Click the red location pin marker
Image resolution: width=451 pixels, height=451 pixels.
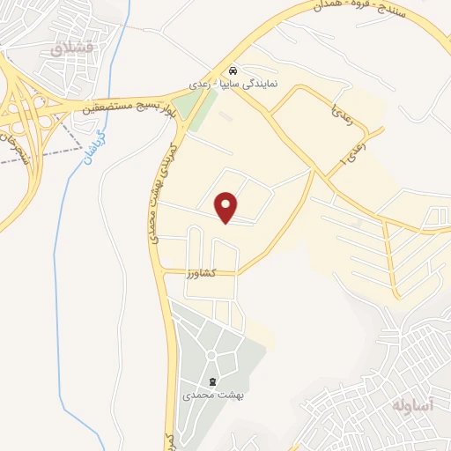tap(227, 206)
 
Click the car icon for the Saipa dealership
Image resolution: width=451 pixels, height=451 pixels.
tap(232, 70)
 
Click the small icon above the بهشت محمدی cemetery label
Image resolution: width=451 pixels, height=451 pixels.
tap(212, 381)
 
